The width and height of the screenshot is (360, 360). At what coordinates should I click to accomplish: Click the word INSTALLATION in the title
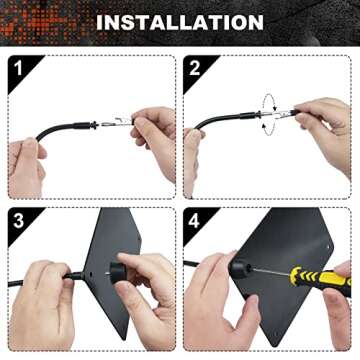180,21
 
